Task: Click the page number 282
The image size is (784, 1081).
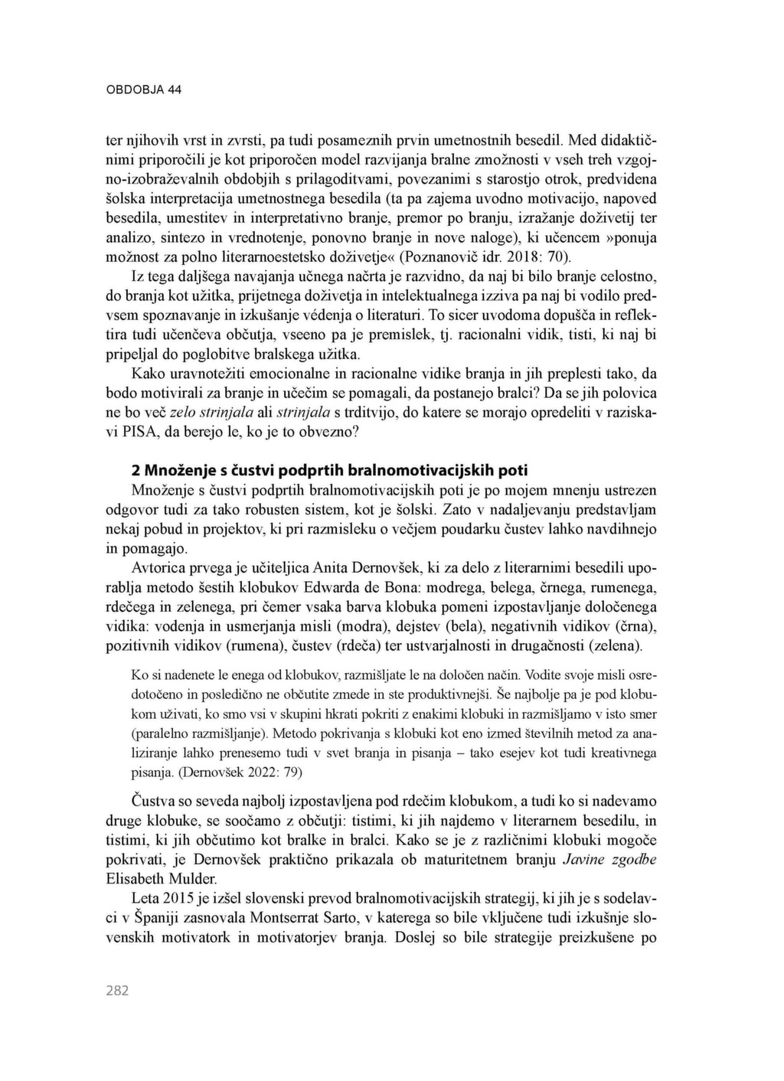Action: tap(117, 991)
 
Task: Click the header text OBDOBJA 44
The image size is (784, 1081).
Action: tap(143, 90)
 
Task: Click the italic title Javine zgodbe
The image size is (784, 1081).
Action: tap(609, 859)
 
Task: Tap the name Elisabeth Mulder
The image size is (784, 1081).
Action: tap(161, 878)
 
